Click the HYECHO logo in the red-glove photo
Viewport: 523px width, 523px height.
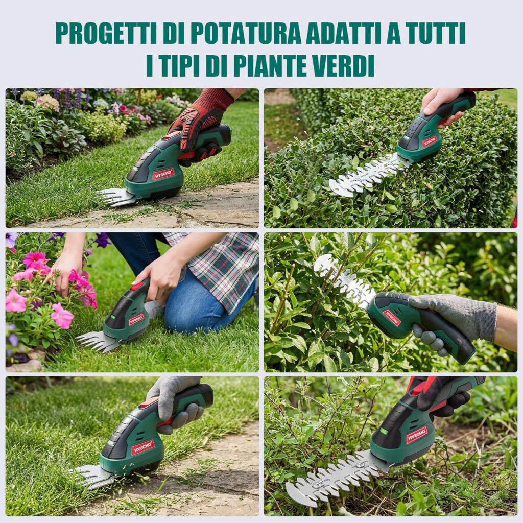163,174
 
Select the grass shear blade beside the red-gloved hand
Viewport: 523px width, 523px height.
114,197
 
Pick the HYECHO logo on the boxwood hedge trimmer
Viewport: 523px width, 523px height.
430,141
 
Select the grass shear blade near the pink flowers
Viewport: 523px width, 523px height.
97,341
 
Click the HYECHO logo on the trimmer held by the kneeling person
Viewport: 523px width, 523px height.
136,319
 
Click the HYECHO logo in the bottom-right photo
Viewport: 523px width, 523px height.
417,435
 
